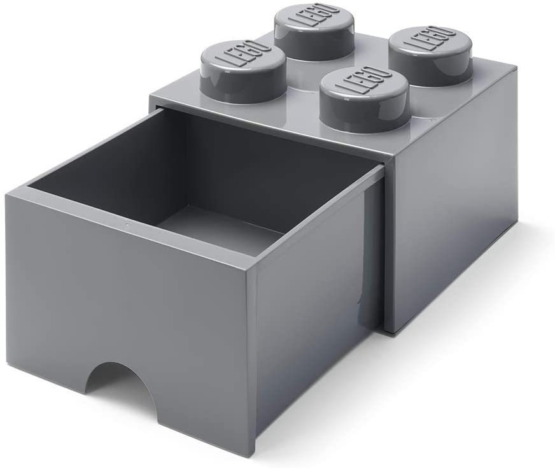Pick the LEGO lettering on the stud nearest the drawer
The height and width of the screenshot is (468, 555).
click(362, 82)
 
